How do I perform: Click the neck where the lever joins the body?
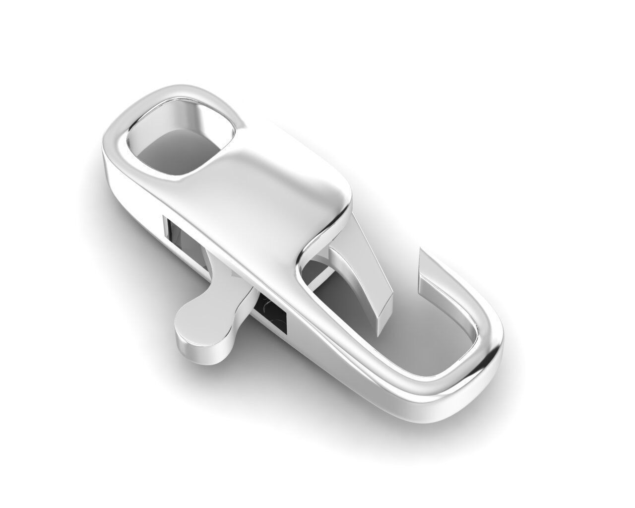[x=233, y=303]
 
